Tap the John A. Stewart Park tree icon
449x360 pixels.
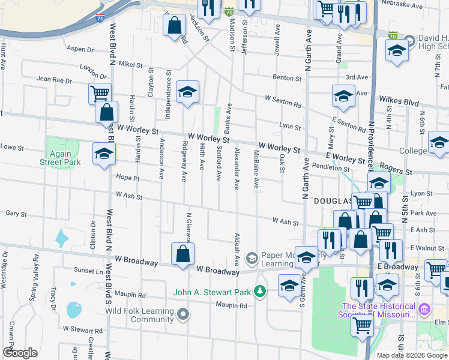tap(259, 292)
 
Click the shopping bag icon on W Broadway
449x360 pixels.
tap(182, 254)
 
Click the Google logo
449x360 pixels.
tap(20, 353)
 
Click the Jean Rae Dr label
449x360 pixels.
tap(54, 79)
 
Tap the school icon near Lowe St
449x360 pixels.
tap(104, 154)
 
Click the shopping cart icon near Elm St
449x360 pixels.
tap(362, 325)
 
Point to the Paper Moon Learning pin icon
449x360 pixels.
tap(251, 257)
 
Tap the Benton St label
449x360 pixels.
tap(287, 78)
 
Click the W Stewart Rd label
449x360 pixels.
tap(83, 330)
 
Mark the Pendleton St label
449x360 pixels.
tap(327, 168)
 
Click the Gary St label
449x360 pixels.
tap(16, 214)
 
